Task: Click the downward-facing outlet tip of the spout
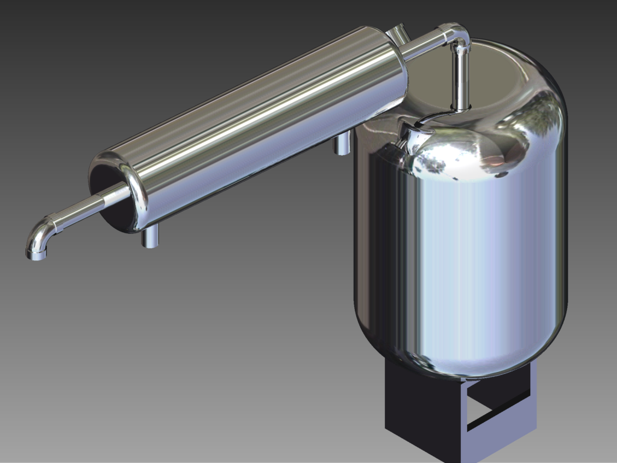point(36,255)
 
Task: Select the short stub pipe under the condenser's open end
point(150,238)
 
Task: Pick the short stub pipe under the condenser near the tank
point(342,144)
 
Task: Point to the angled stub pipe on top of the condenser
point(396,34)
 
